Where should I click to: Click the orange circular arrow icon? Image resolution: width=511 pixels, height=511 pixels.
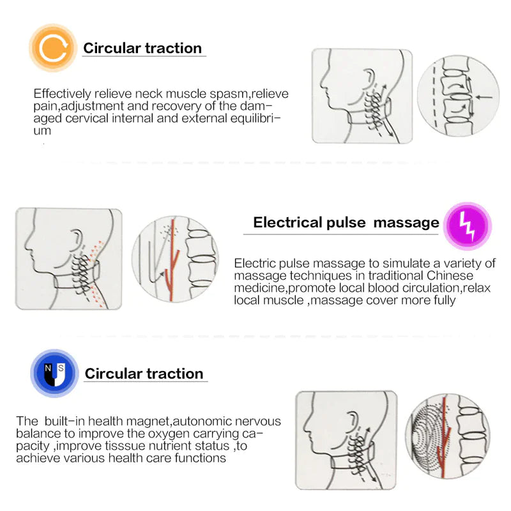click(x=53, y=48)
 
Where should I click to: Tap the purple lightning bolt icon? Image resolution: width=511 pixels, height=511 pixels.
click(x=468, y=225)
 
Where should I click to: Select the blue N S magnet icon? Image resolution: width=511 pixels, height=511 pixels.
click(x=55, y=373)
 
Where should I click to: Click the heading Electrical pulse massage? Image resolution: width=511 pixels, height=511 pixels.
click(x=346, y=222)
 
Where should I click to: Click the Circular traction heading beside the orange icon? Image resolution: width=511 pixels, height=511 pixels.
click(x=142, y=48)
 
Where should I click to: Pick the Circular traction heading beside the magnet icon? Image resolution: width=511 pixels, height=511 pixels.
click(x=144, y=374)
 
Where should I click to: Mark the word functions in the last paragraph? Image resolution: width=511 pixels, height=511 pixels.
click(x=199, y=458)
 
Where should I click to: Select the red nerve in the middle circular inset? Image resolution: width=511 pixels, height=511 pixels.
click(x=172, y=262)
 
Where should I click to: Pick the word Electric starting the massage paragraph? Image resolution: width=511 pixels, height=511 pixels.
click(x=254, y=263)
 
